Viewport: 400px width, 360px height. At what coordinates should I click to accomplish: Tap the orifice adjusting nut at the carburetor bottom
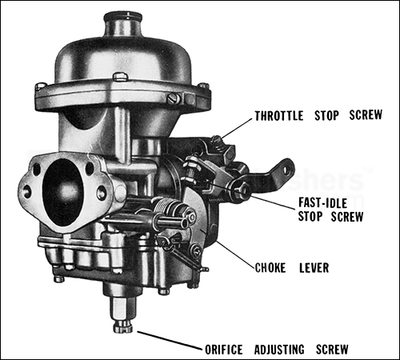[122, 325]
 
